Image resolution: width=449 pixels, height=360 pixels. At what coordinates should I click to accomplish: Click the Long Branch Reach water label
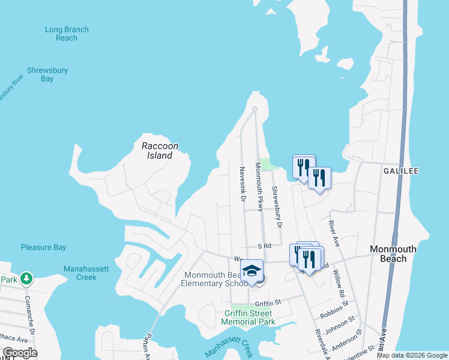tap(67, 34)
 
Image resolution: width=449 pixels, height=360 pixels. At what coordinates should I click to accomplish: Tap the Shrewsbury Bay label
tap(47, 74)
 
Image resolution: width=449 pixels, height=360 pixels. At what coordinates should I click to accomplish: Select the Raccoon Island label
tap(157, 151)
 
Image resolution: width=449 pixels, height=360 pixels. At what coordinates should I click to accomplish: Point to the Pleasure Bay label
tap(44, 247)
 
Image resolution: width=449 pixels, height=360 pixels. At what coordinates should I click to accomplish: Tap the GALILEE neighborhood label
tap(400, 171)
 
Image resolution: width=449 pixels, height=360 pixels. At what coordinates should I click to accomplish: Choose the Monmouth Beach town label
tap(397, 254)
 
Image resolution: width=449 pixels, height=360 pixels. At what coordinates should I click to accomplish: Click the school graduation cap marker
tap(253, 271)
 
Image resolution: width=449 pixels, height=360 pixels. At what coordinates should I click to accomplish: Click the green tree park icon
tap(26, 278)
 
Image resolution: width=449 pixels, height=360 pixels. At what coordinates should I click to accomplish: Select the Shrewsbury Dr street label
tap(276, 207)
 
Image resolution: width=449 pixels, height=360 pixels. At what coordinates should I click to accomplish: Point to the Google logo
tap(20, 353)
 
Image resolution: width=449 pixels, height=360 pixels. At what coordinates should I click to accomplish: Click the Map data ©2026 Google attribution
tap(412, 355)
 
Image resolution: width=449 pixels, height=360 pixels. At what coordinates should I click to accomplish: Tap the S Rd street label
tap(265, 245)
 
